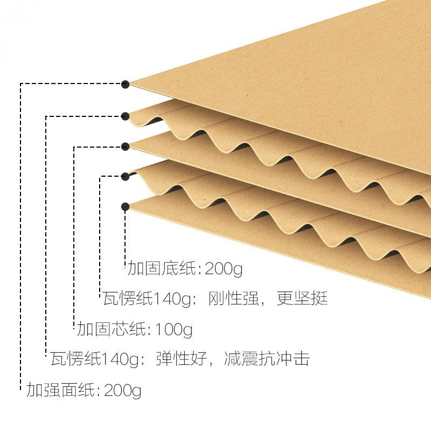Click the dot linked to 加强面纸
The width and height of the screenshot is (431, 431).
[125, 84]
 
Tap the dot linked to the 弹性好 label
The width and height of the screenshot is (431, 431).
[125, 115]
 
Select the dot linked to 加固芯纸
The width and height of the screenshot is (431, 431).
[125, 146]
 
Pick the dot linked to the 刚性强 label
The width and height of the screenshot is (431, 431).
[125, 176]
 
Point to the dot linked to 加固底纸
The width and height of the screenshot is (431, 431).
[125, 206]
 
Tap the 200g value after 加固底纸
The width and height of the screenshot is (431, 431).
[220, 268]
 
